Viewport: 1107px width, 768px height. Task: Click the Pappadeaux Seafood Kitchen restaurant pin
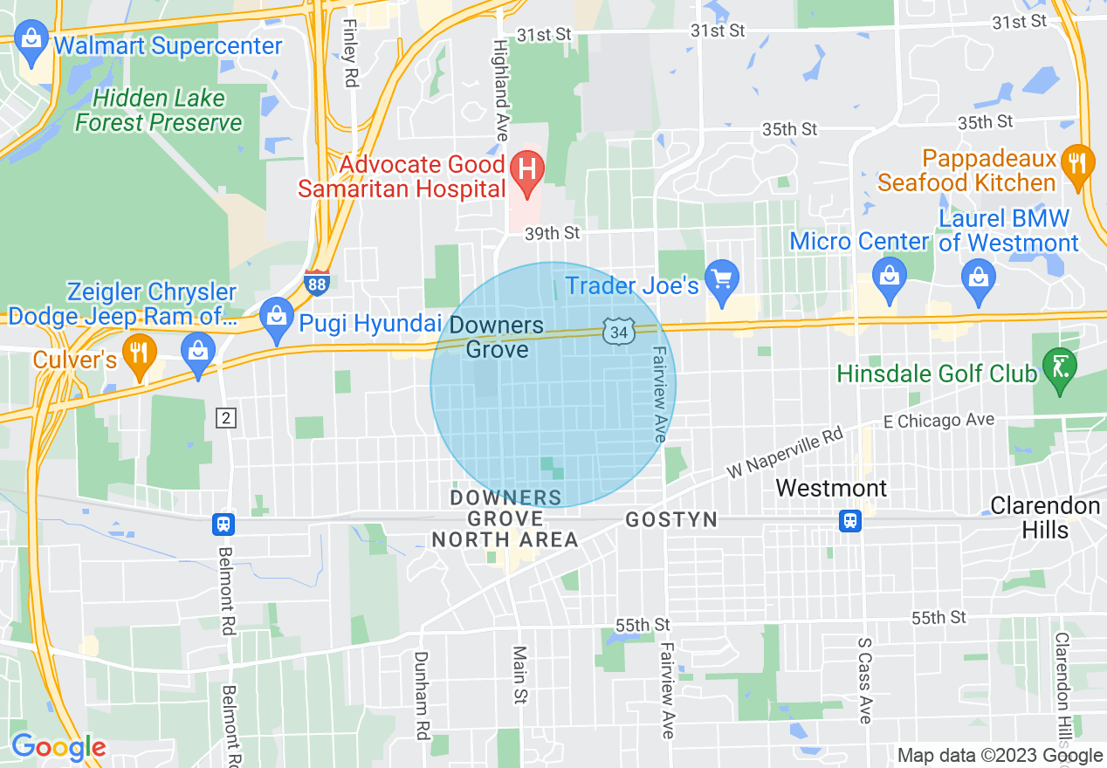click(1078, 163)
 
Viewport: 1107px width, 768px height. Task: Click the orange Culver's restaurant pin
click(138, 354)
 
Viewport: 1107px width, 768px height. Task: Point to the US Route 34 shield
click(617, 332)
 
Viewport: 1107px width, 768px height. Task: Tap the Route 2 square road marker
click(225, 419)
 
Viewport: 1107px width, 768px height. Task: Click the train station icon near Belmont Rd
click(223, 524)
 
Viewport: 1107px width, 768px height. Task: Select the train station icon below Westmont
click(849, 521)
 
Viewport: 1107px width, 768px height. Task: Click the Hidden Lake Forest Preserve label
click(158, 110)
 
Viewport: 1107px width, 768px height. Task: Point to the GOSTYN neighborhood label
click(671, 520)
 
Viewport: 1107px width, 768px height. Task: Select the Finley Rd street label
click(351, 52)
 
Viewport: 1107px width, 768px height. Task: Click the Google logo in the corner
click(58, 748)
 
